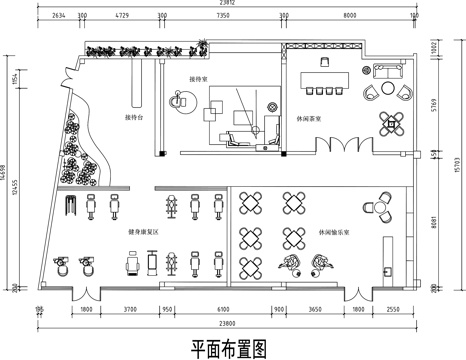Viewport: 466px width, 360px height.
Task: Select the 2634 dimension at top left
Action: tap(58, 17)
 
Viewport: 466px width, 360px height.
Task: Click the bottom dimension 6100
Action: tap(222, 311)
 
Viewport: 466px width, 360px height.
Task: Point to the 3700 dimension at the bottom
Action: tap(130, 311)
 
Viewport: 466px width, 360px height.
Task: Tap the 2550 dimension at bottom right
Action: tap(393, 311)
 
